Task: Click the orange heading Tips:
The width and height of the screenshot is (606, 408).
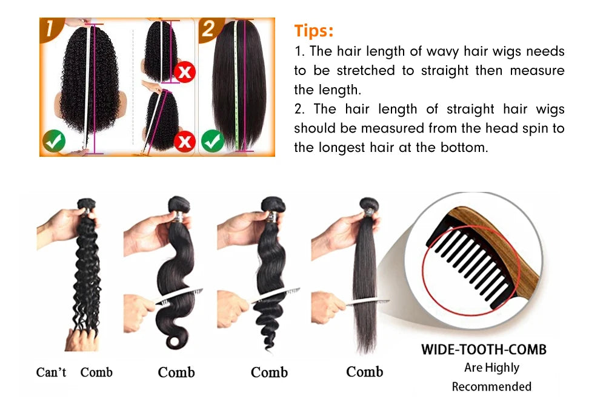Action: point(314,30)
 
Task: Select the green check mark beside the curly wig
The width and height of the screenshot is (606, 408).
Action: point(53,141)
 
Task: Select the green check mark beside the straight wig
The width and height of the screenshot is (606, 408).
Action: point(212,140)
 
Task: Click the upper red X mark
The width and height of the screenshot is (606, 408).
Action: point(184,73)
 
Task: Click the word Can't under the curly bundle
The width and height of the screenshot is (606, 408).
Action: point(52,372)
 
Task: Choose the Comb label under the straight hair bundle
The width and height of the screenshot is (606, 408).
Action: point(364,372)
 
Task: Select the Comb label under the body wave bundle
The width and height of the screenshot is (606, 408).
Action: point(176,372)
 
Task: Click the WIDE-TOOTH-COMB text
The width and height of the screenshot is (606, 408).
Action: point(484,350)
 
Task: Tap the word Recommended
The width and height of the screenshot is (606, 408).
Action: point(491,386)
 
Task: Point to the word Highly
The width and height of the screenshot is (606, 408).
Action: point(501,367)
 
